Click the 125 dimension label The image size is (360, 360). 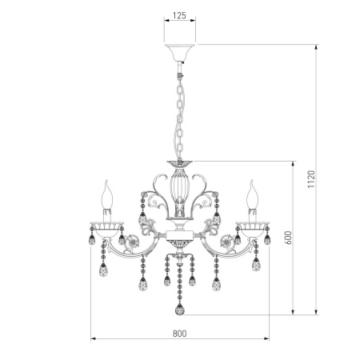pyautogui.click(x=179, y=15)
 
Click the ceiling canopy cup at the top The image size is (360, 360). pyautogui.click(x=179, y=54)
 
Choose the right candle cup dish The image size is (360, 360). pyautogui.click(x=254, y=222)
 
